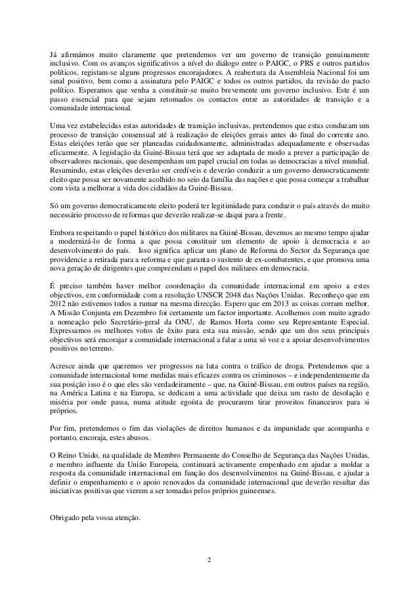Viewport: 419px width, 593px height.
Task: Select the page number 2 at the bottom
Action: coord(209,560)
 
